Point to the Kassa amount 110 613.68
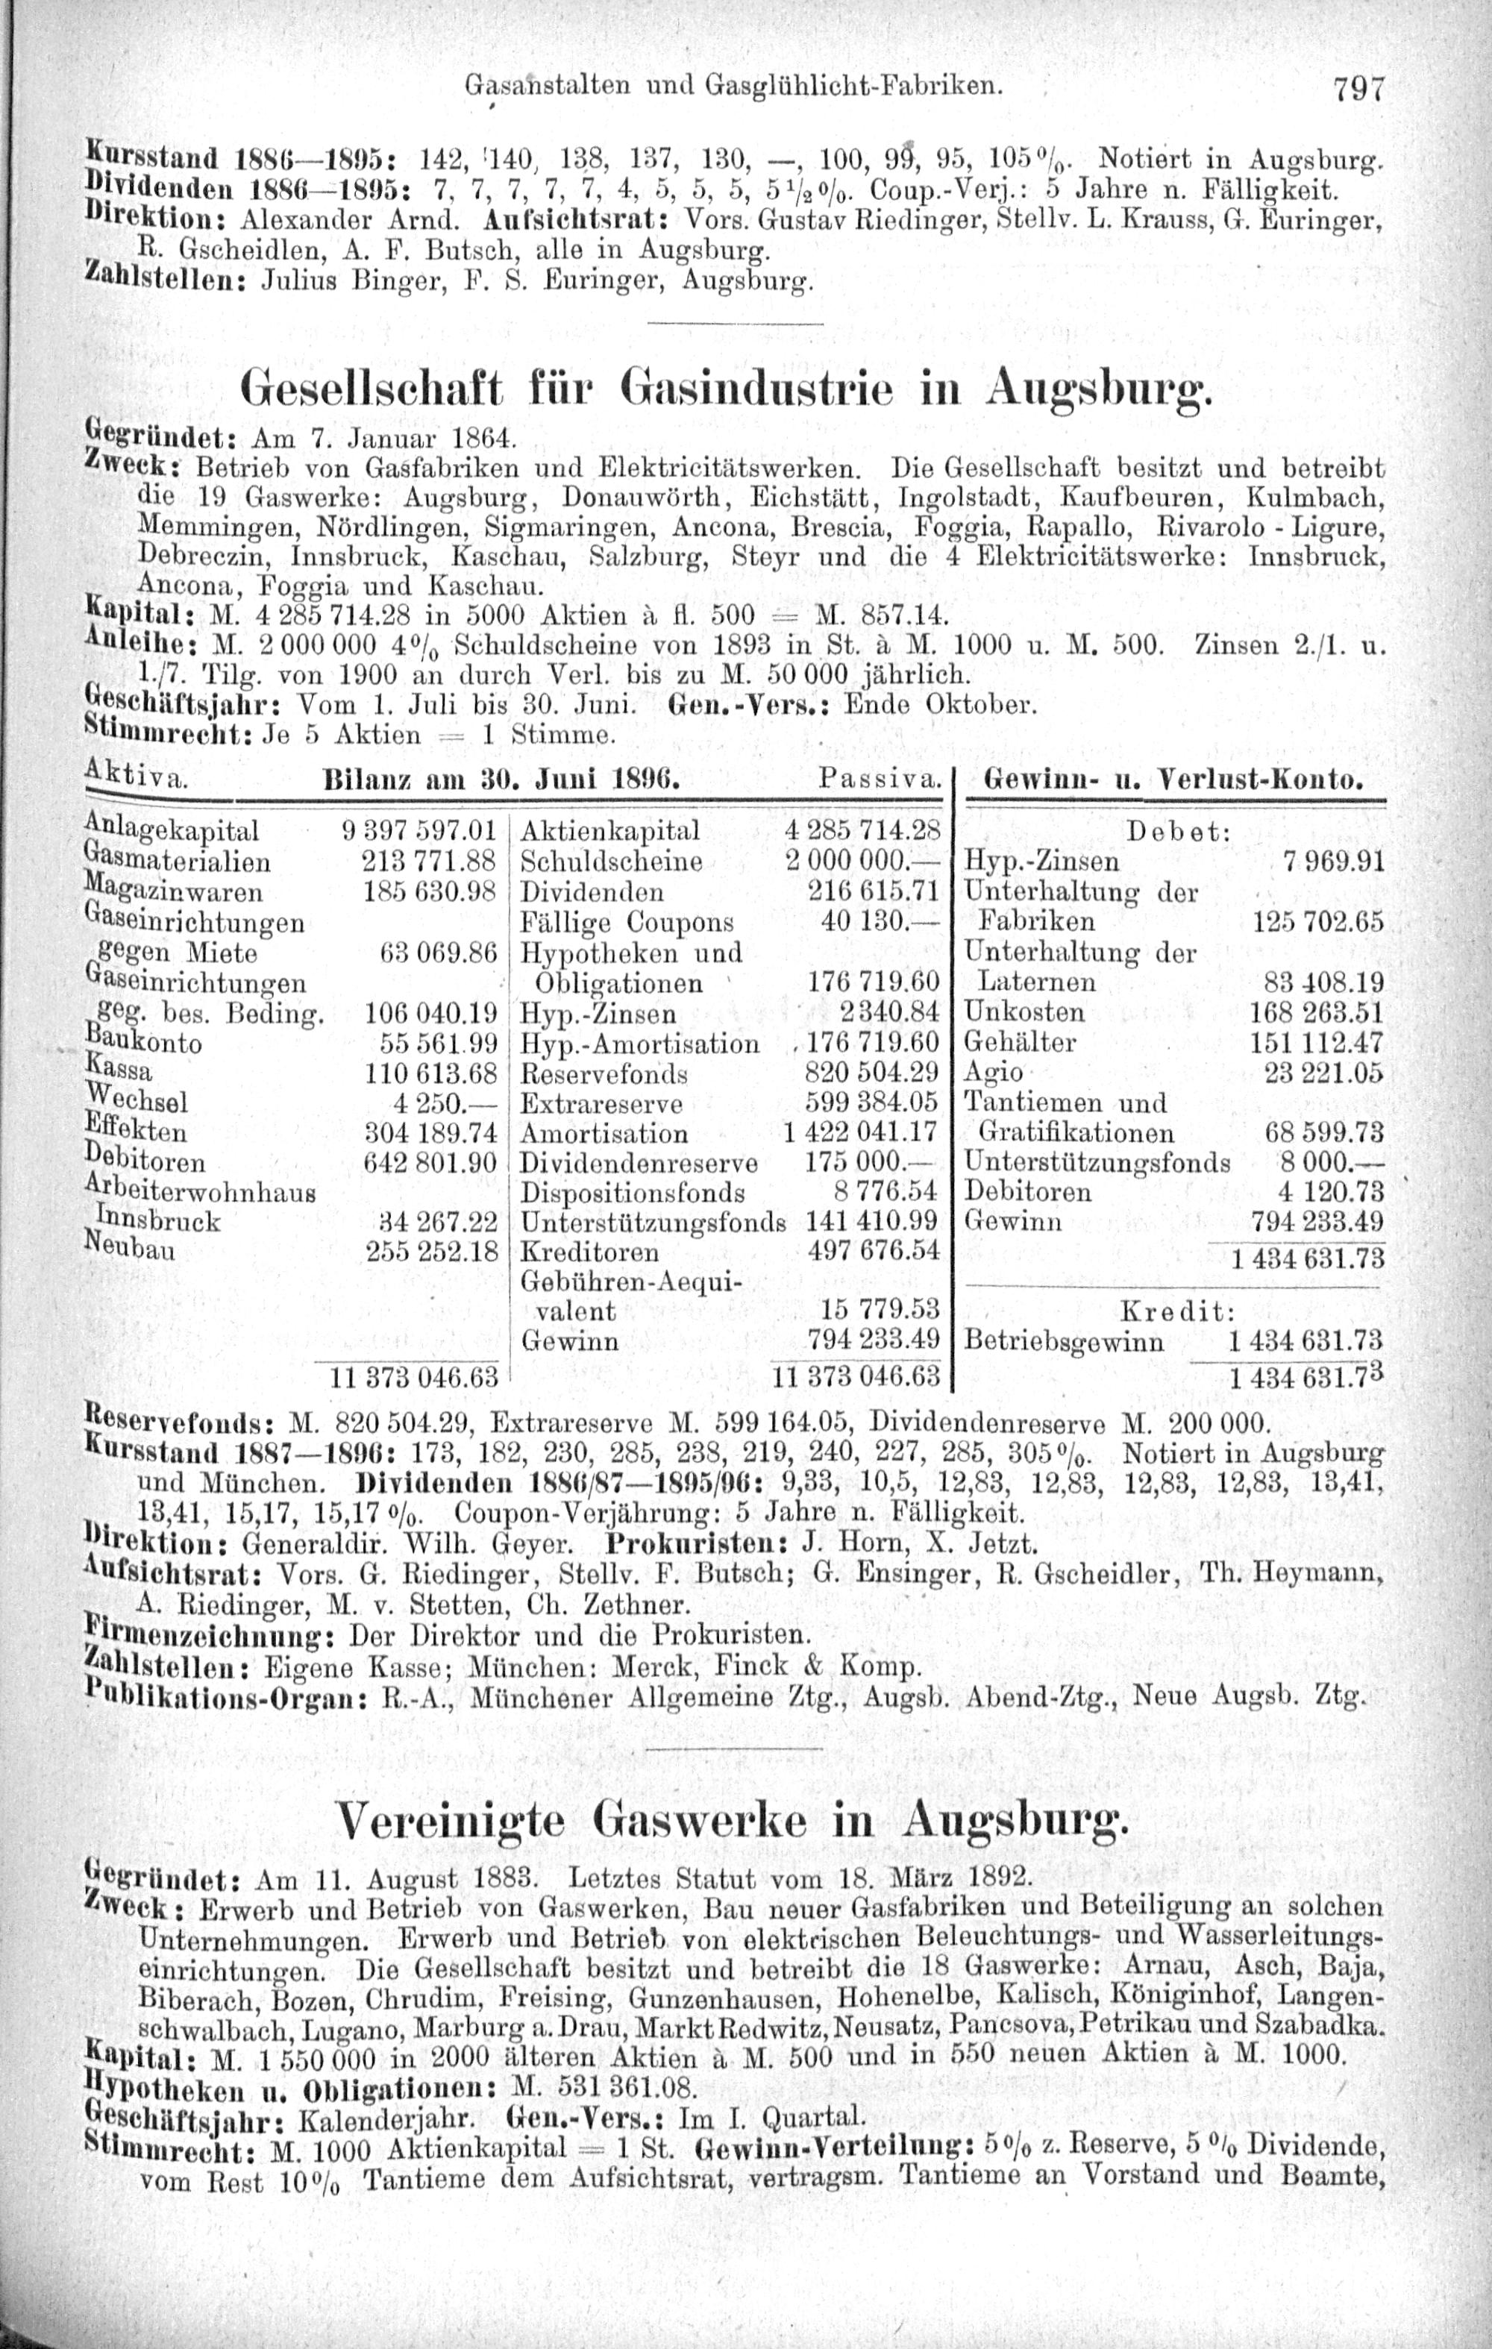(x=430, y=1073)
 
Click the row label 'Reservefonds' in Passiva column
(x=604, y=1074)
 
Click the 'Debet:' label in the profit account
(x=1179, y=831)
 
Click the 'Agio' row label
(x=994, y=1073)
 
